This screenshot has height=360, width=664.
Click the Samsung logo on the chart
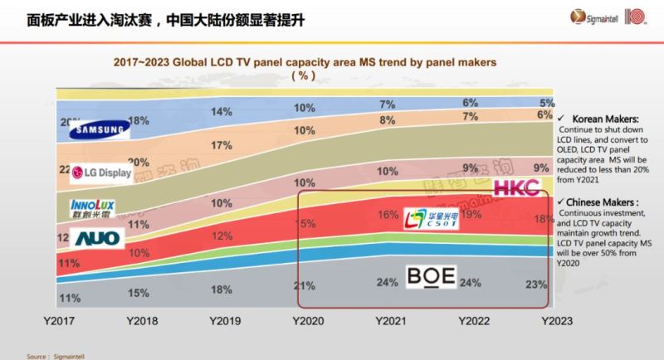[100, 129]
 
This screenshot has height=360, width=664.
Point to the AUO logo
[97, 239]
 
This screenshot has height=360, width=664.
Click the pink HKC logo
[518, 187]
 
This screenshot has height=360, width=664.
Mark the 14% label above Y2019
[222, 112]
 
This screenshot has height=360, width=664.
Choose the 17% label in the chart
[222, 146]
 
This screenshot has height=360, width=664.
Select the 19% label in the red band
[472, 213]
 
